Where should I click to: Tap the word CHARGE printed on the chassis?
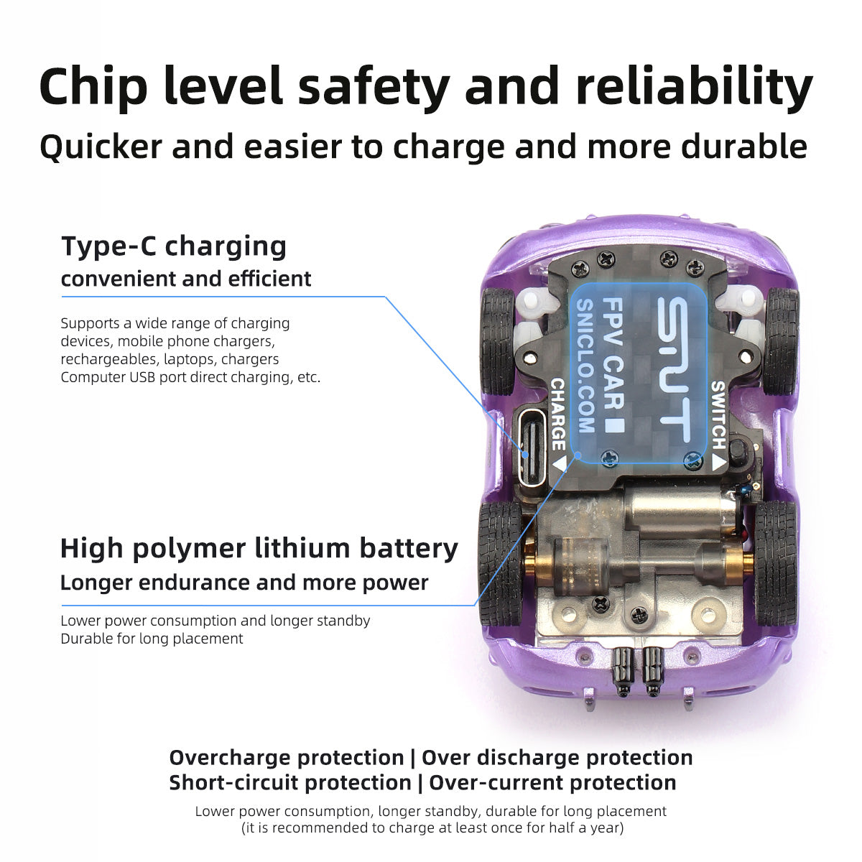click(558, 414)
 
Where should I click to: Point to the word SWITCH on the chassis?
click(718, 414)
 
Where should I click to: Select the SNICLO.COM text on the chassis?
click(585, 366)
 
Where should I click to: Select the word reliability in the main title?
click(694, 87)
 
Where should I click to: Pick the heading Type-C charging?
click(174, 246)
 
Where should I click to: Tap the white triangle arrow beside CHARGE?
click(560, 463)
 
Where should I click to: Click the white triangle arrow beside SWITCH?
click(719, 462)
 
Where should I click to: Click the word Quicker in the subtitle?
click(101, 147)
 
